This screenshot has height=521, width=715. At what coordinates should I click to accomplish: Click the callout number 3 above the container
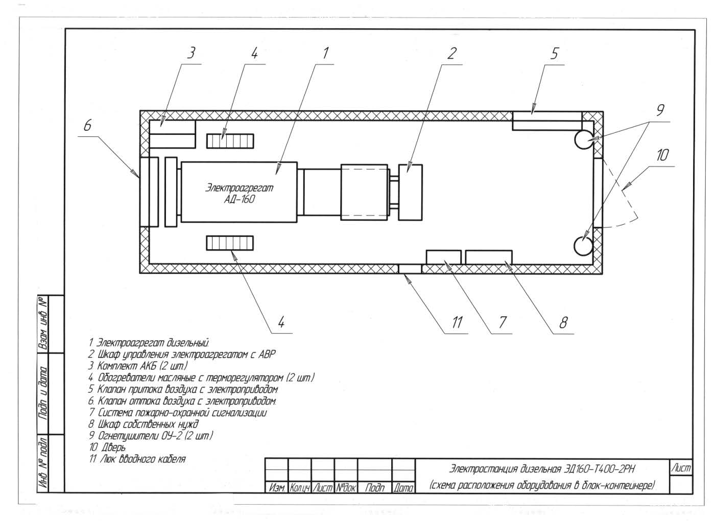coord(191,53)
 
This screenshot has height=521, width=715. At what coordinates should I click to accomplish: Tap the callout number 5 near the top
coord(555,54)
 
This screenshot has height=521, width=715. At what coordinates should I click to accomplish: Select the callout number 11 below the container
coord(457,322)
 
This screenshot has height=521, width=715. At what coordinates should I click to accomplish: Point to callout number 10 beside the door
coord(662,155)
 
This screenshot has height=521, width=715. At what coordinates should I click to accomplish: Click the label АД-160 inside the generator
coord(240,199)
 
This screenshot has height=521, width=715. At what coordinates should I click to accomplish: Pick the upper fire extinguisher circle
coord(584,140)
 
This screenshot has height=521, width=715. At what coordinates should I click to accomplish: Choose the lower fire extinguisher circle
coord(583,246)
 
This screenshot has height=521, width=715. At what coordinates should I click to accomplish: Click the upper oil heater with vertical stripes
coord(230,141)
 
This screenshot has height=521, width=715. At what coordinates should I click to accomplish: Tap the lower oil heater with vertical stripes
coord(230,243)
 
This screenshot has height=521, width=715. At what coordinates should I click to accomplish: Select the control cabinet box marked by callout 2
coord(411,192)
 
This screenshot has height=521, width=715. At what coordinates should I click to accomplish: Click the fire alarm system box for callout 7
coord(444,257)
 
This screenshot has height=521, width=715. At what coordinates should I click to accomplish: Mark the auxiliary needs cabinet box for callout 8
coord(489,257)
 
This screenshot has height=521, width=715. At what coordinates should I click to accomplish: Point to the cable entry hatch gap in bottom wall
coord(410,269)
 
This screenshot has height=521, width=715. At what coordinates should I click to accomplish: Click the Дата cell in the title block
coord(403,487)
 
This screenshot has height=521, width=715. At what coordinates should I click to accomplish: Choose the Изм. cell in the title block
coord(276,487)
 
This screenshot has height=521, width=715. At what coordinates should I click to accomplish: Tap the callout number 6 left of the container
coord(87,125)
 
